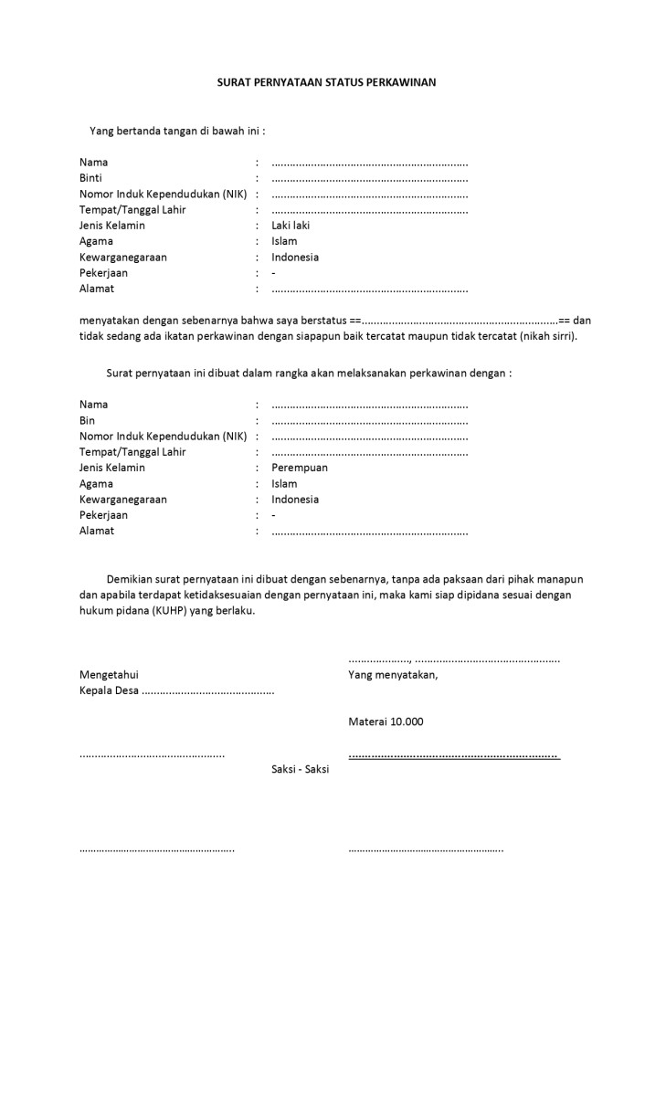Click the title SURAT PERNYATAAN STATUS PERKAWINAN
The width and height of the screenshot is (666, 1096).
(326, 82)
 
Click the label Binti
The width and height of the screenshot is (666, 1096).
(90, 178)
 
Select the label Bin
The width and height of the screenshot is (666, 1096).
(87, 420)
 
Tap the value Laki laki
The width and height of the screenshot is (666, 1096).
(291, 226)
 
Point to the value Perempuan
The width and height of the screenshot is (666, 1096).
(299, 468)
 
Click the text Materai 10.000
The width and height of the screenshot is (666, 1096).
(386, 722)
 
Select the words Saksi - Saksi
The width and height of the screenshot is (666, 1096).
(300, 769)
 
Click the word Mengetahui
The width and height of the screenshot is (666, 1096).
(109, 675)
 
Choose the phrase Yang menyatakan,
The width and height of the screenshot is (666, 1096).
(393, 675)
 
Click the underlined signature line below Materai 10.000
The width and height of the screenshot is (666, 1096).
(453, 755)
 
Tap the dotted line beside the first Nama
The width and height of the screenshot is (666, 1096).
(369, 163)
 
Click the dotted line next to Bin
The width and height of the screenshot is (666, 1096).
(369, 421)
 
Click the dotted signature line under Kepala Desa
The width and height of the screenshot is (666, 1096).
(152, 754)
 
